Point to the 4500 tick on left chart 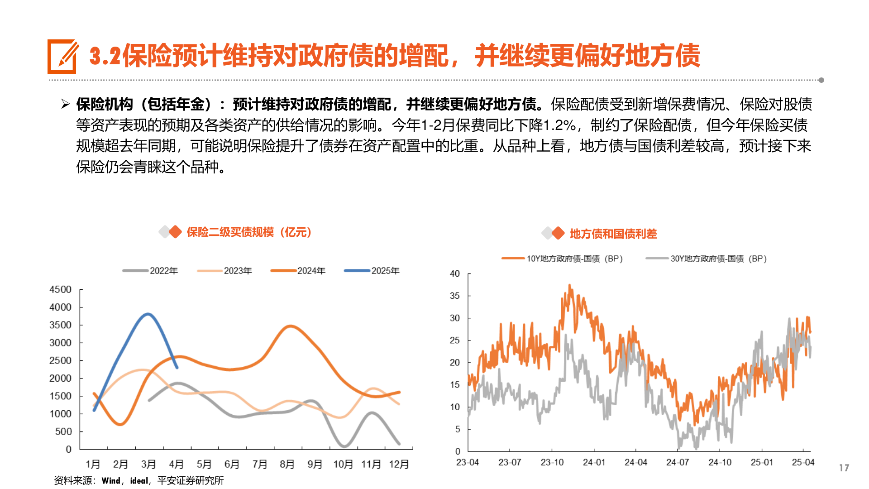coord(60,289)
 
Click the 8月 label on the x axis coord(287,464)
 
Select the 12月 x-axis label coord(399,464)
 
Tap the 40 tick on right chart coord(454,273)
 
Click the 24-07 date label coord(677,462)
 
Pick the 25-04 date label coord(802,462)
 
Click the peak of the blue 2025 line coord(148,314)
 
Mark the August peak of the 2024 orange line coord(290,326)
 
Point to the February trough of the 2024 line coord(120,424)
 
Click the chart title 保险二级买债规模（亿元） coord(249,232)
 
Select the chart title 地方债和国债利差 coord(613,234)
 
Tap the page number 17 coord(844,468)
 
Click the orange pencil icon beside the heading coord(62,57)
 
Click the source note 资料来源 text coord(138,480)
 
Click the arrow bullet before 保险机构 coord(65,105)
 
